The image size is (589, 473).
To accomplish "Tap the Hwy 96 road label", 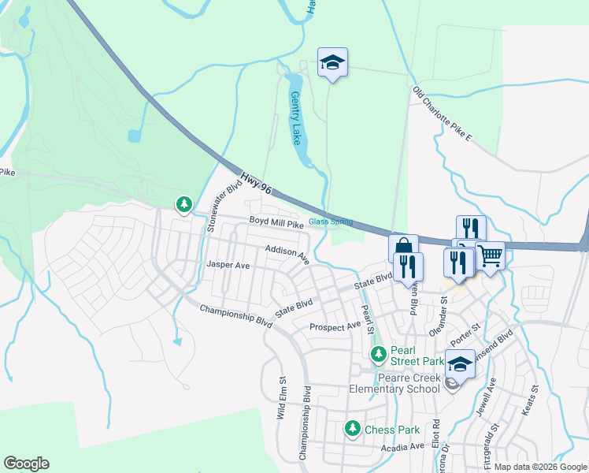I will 256,184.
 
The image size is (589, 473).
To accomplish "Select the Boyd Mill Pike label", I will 276,224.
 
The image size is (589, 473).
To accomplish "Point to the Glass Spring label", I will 331,222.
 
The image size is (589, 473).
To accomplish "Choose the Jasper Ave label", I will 228,266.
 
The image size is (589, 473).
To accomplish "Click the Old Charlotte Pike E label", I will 442,115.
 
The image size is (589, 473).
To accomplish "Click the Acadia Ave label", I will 402,447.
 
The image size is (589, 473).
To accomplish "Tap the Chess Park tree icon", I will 352,429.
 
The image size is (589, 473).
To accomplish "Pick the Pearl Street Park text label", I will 417,361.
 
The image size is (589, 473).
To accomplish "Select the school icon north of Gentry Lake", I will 332,61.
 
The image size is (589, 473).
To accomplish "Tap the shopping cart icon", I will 490,255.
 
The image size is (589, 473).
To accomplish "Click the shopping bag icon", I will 402,248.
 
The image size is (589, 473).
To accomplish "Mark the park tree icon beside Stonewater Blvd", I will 183,205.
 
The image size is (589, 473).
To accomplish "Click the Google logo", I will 26,464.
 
